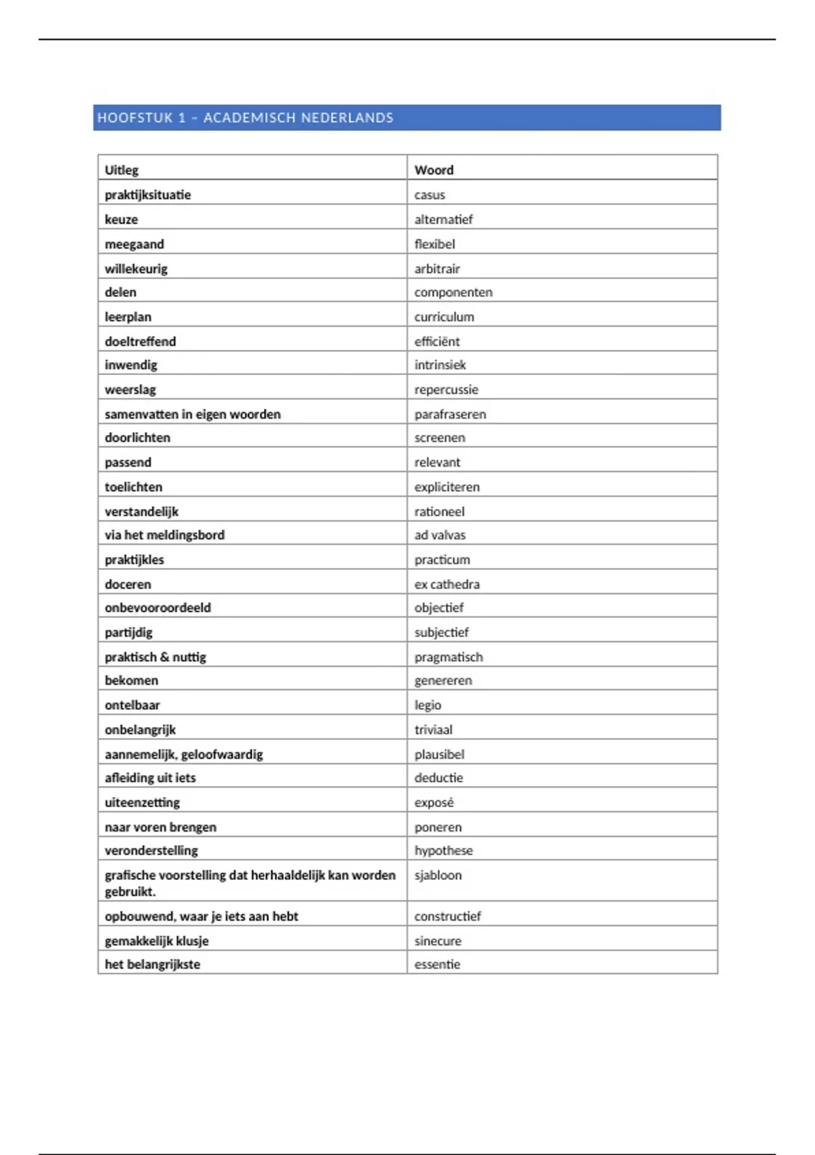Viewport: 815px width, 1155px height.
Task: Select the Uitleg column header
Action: pyautogui.click(x=122, y=170)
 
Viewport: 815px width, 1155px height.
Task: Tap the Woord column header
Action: pyautogui.click(x=434, y=170)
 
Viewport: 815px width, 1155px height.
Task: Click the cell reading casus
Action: pyautogui.click(x=430, y=195)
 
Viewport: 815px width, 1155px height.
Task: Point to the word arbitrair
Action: pyautogui.click(x=437, y=268)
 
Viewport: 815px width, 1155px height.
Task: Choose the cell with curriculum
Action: pyautogui.click(x=444, y=317)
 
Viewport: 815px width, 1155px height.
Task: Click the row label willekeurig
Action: pyautogui.click(x=136, y=268)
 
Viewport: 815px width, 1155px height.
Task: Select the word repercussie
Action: pyautogui.click(x=446, y=389)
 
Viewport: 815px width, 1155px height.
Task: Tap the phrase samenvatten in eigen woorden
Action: pyautogui.click(x=192, y=414)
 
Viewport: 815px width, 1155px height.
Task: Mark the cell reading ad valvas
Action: pyautogui.click(x=440, y=535)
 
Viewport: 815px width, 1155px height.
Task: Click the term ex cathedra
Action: pyautogui.click(x=447, y=584)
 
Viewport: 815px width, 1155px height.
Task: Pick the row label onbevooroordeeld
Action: pyautogui.click(x=158, y=607)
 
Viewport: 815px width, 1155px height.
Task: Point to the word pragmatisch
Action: pyautogui.click(x=449, y=657)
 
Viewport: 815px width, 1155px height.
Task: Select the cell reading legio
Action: pyautogui.click(x=428, y=705)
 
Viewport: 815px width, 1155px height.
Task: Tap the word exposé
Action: pyautogui.click(x=434, y=802)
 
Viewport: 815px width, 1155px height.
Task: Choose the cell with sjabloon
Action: pyautogui.click(x=438, y=875)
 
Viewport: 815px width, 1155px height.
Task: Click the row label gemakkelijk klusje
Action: pyautogui.click(x=156, y=941)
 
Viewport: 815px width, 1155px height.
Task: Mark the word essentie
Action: pyautogui.click(x=437, y=964)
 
